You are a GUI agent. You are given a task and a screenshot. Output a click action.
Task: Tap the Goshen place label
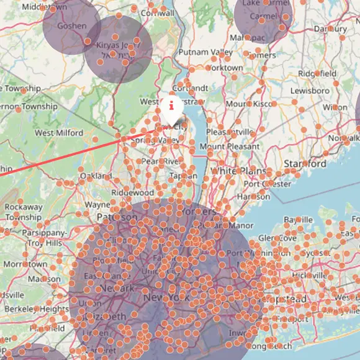[x=71, y=27]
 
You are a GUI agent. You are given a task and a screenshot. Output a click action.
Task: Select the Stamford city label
[x=305, y=163]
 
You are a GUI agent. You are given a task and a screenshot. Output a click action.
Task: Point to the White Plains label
[x=238, y=171]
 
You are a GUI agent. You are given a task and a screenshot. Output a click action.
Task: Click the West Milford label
[x=59, y=133]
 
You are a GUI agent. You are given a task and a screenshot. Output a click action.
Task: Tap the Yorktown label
[x=225, y=67]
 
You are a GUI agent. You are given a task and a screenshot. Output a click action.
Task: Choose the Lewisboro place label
[x=310, y=91]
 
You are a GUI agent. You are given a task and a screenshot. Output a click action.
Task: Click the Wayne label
[x=97, y=204]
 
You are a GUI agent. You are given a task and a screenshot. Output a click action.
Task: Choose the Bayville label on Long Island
[x=298, y=220]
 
